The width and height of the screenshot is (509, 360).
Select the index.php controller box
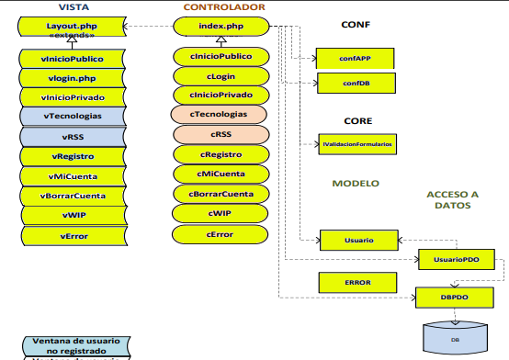[x=221, y=28]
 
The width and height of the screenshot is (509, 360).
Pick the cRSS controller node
[x=221, y=134]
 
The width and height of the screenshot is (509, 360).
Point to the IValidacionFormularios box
[x=357, y=144]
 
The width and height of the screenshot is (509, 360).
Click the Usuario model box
[x=358, y=240]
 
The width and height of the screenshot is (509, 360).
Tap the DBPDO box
[x=456, y=298]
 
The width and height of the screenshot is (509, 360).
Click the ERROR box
[x=357, y=282]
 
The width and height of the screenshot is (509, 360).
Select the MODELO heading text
[x=356, y=184]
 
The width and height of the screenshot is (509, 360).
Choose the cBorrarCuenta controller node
[x=221, y=194]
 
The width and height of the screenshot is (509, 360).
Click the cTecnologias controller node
[x=221, y=114]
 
